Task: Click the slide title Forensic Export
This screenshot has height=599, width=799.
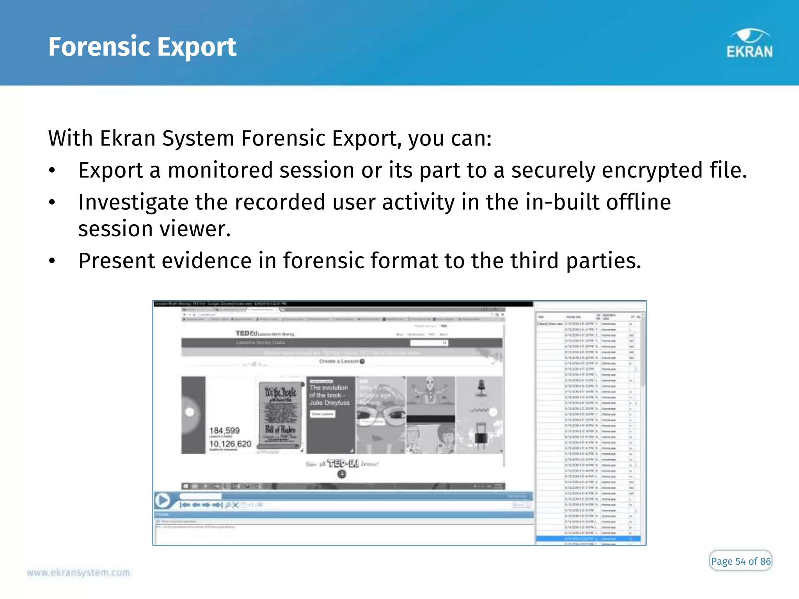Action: pyautogui.click(x=142, y=47)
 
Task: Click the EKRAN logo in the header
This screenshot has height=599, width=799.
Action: pyautogui.click(x=749, y=44)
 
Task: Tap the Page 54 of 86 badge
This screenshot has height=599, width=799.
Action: pyautogui.click(x=740, y=561)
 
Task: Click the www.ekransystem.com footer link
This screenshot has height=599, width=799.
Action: pyautogui.click(x=78, y=572)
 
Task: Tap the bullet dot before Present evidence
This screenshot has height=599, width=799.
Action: pyautogui.click(x=52, y=261)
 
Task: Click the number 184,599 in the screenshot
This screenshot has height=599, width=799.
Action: pyautogui.click(x=224, y=431)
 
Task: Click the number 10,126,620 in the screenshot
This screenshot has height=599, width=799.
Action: pyautogui.click(x=230, y=444)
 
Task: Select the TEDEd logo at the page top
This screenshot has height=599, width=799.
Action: pyautogui.click(x=247, y=333)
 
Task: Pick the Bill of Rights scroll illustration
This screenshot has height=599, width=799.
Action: pyautogui.click(x=280, y=415)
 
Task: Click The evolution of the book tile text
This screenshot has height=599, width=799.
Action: pyautogui.click(x=329, y=395)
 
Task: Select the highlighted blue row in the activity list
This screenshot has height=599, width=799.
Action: pyautogui.click(x=588, y=539)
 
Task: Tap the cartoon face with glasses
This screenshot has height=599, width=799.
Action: pyautogui.click(x=380, y=413)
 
